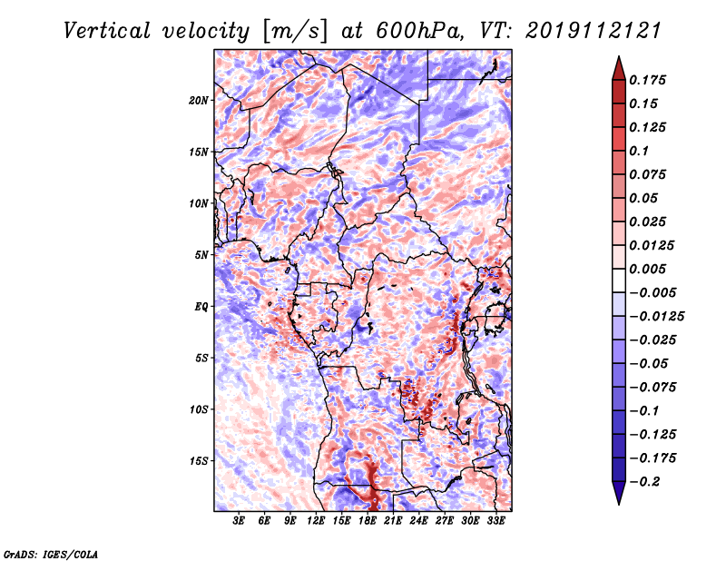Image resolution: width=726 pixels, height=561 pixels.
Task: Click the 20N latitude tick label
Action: point(199,101)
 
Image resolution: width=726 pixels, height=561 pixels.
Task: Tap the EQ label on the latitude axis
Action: point(201,307)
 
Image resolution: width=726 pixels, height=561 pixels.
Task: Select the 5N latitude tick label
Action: point(201,255)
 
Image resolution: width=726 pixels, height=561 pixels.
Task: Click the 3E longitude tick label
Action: point(239,521)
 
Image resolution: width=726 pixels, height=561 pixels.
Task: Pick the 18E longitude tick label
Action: point(368,521)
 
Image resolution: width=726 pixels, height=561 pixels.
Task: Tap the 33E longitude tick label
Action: point(495,521)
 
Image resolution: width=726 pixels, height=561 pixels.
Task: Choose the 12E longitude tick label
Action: point(316,521)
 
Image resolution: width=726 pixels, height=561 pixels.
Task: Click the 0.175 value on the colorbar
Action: point(647,80)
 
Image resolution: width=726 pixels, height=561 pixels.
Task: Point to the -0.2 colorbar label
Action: point(644,482)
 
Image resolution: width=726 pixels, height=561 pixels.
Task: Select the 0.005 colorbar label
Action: point(647,269)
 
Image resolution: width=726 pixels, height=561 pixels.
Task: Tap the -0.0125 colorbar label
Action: point(656,317)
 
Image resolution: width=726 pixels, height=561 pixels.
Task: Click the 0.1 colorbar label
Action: point(639,151)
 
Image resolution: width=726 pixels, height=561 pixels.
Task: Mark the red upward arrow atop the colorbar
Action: point(619,69)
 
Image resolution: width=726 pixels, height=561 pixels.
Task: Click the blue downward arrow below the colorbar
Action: point(619,493)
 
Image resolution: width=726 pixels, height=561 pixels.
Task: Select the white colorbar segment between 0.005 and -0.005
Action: point(619,280)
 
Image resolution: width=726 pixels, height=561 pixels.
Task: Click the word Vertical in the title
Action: point(107,31)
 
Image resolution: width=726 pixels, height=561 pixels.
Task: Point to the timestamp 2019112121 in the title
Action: point(594,31)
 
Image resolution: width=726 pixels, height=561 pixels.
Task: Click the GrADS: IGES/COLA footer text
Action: point(51,555)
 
